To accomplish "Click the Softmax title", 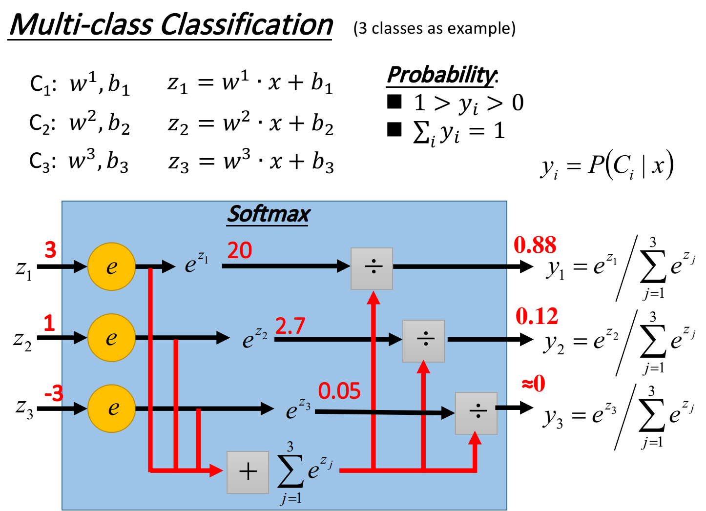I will coord(269,214).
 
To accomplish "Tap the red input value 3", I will coord(50,250).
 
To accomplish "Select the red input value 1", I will coord(49,323).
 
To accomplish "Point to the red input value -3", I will coord(54,393).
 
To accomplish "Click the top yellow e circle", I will coord(111,266).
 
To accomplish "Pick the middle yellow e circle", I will coord(111,338).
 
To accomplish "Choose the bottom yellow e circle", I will coord(111,409).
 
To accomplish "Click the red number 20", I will coord(240,251).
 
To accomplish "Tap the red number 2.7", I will coord(290,326).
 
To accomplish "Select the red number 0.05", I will coord(339,391).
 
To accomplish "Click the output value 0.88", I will coord(535,245).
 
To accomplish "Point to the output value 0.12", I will coord(537,316).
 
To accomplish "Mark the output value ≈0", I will coord(534,384).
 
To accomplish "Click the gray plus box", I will coord(248,472).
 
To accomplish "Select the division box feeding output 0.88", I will coord(372,268).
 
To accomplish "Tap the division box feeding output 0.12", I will coord(423,341).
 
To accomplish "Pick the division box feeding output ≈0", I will coord(476,413).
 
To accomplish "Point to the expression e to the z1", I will coord(196,264).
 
